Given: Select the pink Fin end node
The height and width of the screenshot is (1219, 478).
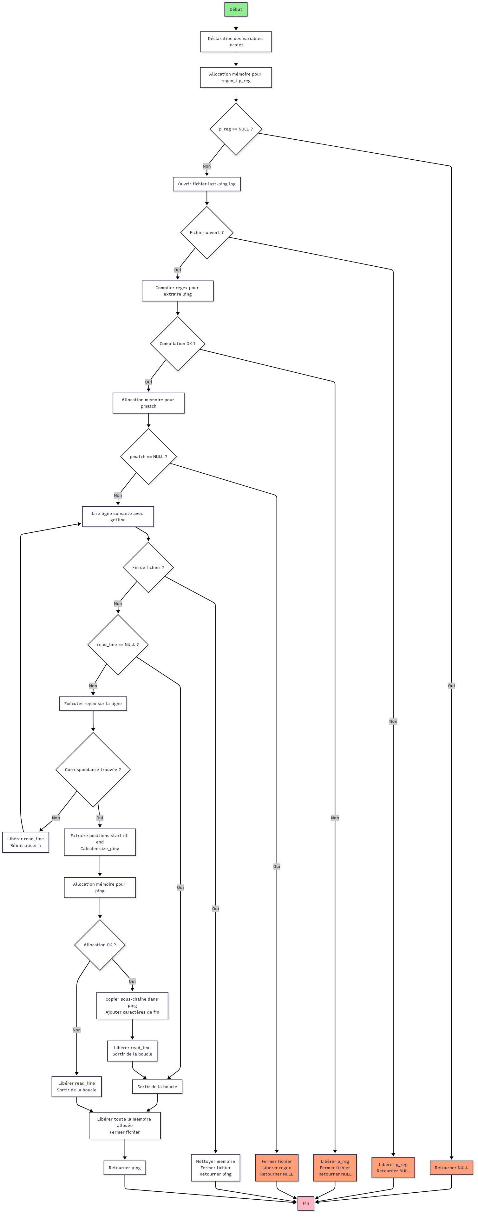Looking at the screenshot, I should pyautogui.click(x=305, y=1203).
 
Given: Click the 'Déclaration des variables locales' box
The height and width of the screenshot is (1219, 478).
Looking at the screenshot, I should pyautogui.click(x=235, y=42).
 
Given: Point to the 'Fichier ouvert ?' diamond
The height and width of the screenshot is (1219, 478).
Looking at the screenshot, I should pyautogui.click(x=206, y=233).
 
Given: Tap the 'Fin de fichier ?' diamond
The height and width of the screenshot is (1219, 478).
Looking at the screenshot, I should pyautogui.click(x=148, y=567).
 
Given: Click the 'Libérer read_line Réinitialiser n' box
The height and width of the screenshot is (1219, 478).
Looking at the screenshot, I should pyautogui.click(x=25, y=842).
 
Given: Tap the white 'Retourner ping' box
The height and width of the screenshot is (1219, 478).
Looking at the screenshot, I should pyautogui.click(x=125, y=1168).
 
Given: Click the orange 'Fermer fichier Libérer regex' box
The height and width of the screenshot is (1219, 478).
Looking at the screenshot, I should pyautogui.click(x=277, y=1168).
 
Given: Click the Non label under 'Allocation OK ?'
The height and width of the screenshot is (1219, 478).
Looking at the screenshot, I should pyautogui.click(x=76, y=1030).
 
